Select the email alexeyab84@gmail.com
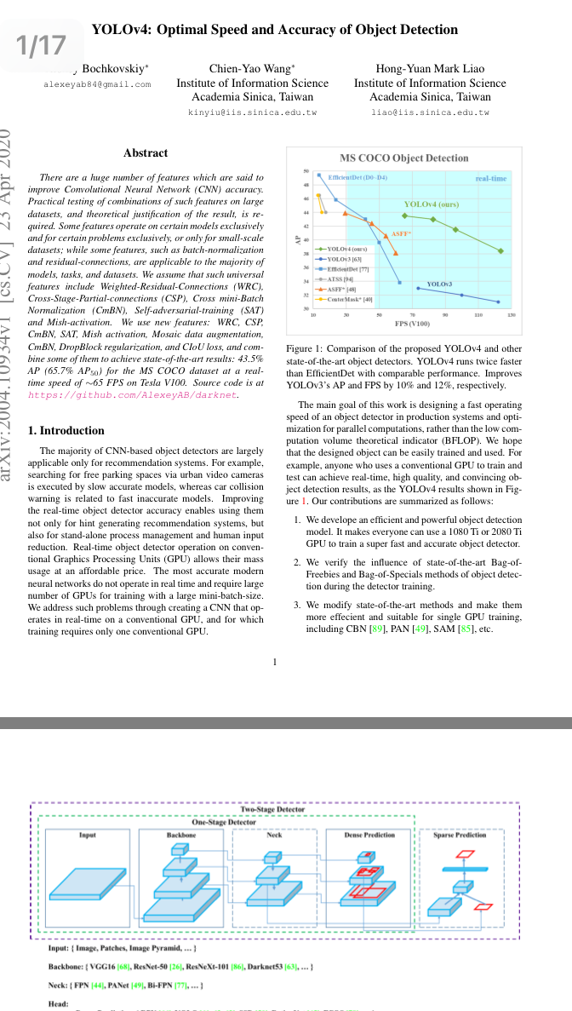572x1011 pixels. coord(97,84)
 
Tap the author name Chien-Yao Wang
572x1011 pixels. coord(252,68)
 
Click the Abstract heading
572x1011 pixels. coord(146,153)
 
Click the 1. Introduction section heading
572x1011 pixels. coord(66,430)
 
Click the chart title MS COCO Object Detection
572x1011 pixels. coord(403,158)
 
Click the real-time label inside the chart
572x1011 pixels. coord(491,179)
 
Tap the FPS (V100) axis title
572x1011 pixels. coord(412,325)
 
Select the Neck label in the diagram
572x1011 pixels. coord(274,835)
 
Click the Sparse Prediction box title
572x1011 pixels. coord(460,835)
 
